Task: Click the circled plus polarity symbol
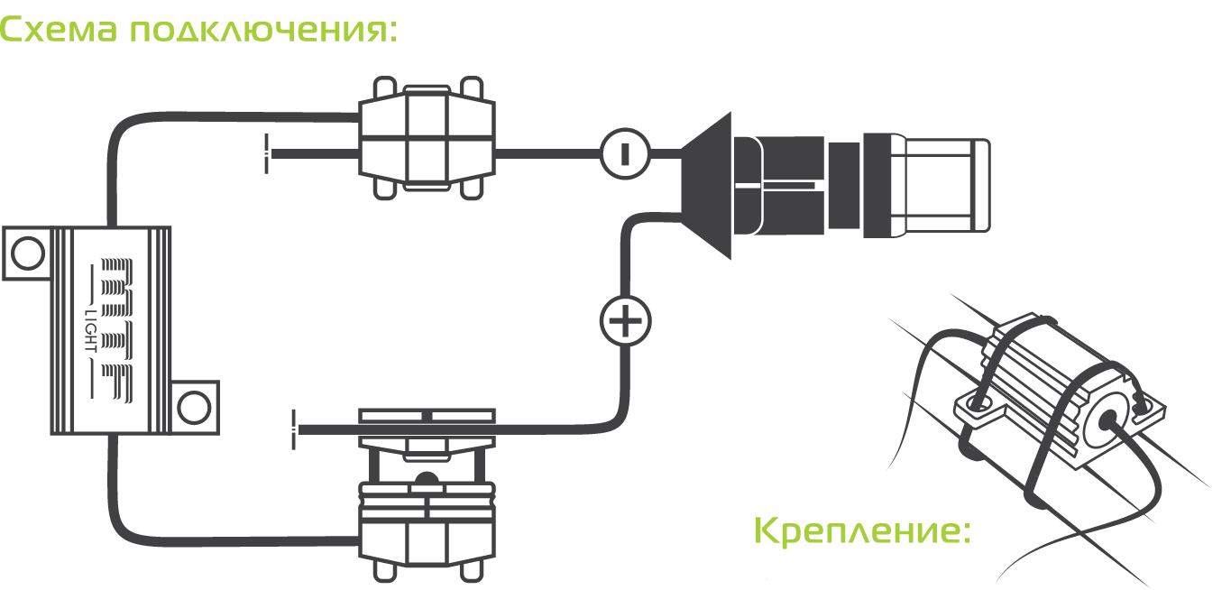point(625,320)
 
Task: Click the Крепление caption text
point(861,531)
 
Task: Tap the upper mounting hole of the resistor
point(28,254)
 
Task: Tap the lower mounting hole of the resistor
point(194,408)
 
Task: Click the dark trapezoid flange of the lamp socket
point(708,185)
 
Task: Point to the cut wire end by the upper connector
point(268,154)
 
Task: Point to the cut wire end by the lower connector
point(295,429)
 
